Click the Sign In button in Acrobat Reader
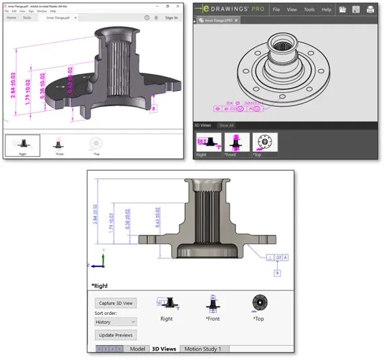coord(171,17)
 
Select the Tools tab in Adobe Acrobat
coord(27,17)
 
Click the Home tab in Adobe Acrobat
coord(11,17)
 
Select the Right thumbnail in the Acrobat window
coord(22,145)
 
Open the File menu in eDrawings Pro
coord(275,9)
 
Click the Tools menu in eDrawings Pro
coord(309,9)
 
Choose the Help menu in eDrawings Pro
coord(326,9)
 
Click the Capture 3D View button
coord(116,303)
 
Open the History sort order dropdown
coord(116,322)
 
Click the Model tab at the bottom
coord(138,349)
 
